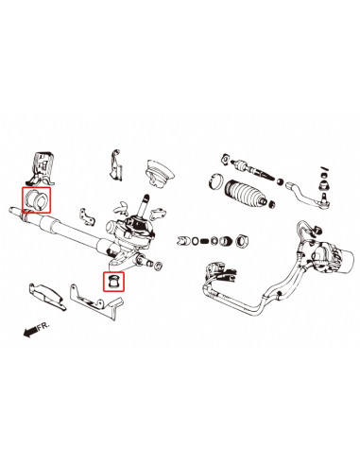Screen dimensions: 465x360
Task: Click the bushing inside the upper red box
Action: pyautogui.click(x=37, y=199)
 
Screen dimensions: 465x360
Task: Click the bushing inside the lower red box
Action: pyautogui.click(x=113, y=282)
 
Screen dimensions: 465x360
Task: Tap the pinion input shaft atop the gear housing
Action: pyautogui.click(x=146, y=204)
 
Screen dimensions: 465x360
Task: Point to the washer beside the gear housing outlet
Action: pyautogui.click(x=156, y=262)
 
